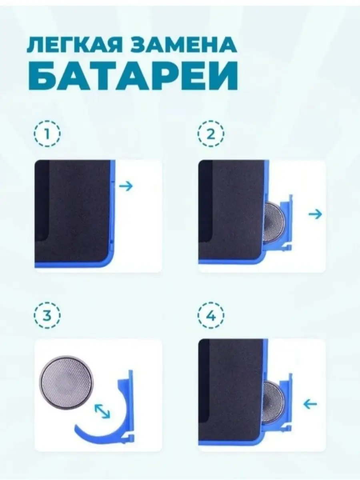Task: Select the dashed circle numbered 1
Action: pyautogui.click(x=47, y=134)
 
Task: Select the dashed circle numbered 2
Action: pyautogui.click(x=211, y=134)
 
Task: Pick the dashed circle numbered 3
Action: pyautogui.click(x=47, y=315)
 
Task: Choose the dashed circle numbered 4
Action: pyautogui.click(x=211, y=315)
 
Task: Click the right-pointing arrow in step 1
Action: pyautogui.click(x=126, y=186)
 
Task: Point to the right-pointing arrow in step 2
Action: pyautogui.click(x=315, y=214)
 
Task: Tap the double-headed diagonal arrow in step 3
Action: pyautogui.click(x=102, y=411)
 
